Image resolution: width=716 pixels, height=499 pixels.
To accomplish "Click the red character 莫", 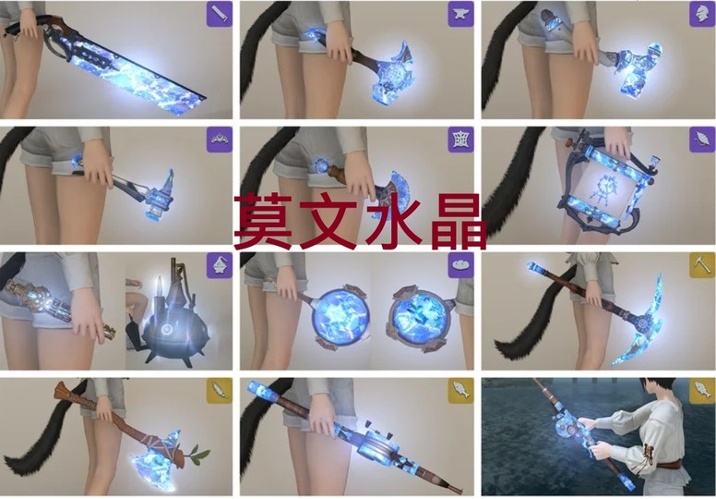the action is click(264, 222).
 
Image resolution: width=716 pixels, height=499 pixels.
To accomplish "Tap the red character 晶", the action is click(458, 222).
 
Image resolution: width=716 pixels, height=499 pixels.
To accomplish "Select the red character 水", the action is click(394, 222).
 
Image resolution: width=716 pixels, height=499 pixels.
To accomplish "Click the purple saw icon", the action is click(220, 14).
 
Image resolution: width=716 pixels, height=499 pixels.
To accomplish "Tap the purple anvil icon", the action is click(460, 14).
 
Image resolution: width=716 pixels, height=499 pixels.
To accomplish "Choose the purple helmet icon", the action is click(702, 14).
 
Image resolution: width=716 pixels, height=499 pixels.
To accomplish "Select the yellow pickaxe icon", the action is click(702, 265).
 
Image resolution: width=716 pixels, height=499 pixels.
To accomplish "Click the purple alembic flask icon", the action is click(220, 265).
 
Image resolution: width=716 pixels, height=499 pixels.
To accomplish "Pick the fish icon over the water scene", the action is click(702, 391).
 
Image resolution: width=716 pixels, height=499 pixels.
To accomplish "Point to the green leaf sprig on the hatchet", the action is click(197, 454).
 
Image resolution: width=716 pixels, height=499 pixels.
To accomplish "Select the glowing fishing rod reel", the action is click(569, 429).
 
